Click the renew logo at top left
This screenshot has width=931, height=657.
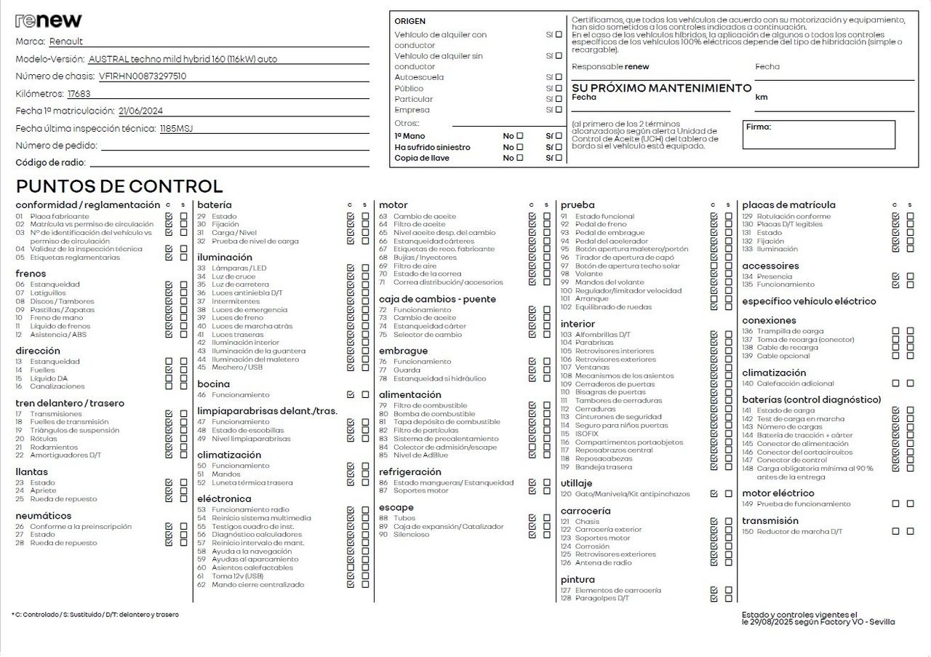49,20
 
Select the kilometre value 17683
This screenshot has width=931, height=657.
79,94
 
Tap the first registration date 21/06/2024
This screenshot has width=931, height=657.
140,111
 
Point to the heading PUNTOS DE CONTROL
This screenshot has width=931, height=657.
119,186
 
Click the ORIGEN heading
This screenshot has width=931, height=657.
410,21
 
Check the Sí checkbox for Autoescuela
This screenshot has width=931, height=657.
559,77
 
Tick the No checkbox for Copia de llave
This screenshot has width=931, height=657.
519,158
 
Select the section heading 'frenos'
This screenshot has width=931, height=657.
31,274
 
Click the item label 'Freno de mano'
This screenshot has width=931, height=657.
57,318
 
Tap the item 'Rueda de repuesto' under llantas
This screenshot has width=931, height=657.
63,499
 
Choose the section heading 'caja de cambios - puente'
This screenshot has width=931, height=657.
437,299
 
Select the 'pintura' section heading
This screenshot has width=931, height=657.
578,580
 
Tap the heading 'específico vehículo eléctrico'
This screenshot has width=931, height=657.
809,301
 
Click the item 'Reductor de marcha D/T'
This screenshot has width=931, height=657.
799,532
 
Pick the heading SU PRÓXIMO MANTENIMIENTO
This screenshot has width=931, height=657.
661,88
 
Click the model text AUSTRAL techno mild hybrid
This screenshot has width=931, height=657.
183,59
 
